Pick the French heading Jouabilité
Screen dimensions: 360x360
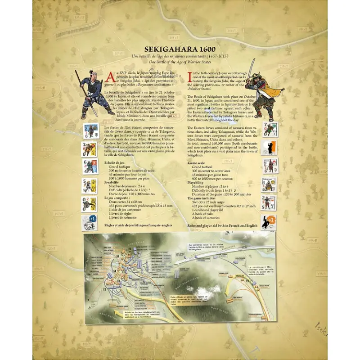113,183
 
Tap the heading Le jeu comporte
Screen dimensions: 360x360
118,198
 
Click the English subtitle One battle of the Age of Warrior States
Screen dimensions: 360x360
180,62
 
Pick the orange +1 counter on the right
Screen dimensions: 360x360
270,222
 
